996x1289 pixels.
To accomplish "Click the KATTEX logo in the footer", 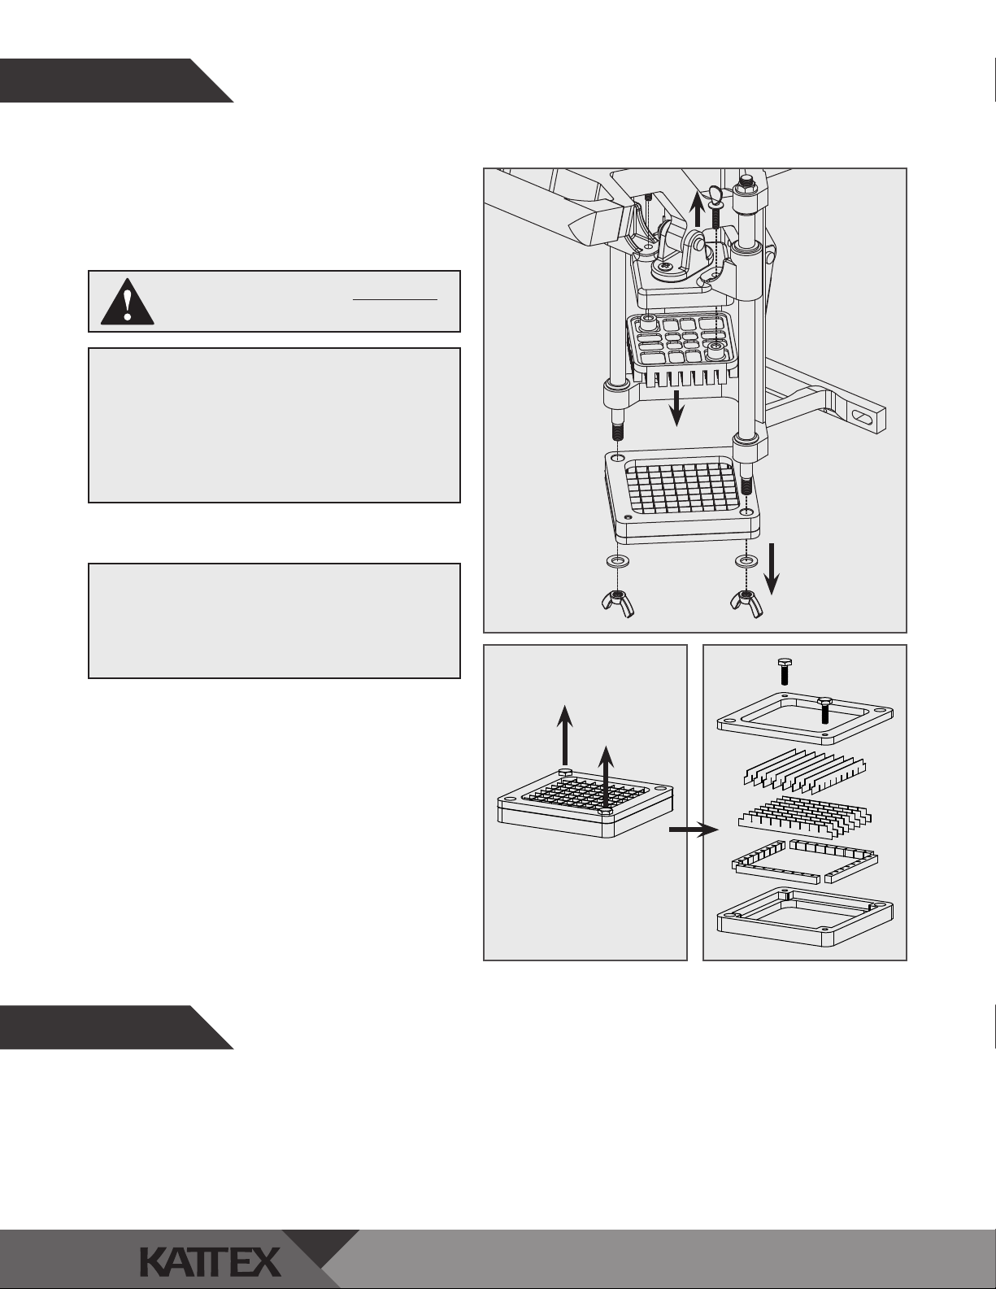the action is (x=210, y=1261).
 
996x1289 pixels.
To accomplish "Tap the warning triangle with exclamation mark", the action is (x=128, y=302).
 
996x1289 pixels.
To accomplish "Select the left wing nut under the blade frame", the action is (x=618, y=603).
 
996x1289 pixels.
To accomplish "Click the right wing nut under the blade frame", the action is (x=747, y=603).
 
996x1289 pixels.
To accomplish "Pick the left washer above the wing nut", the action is (x=618, y=560).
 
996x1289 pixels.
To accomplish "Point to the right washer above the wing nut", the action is (x=746, y=560).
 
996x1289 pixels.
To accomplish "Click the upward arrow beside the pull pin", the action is (x=698, y=211).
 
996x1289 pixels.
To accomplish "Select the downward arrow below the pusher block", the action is (x=676, y=408).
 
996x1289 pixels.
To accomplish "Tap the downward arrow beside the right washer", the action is (x=772, y=568).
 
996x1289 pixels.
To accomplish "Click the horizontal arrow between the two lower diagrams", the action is (x=694, y=830).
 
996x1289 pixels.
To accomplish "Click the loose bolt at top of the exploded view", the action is (x=785, y=671).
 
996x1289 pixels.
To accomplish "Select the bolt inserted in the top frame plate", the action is (x=824, y=710).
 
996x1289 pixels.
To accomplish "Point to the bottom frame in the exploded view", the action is (x=804, y=917).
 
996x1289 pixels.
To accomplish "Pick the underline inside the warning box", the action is (x=395, y=300).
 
